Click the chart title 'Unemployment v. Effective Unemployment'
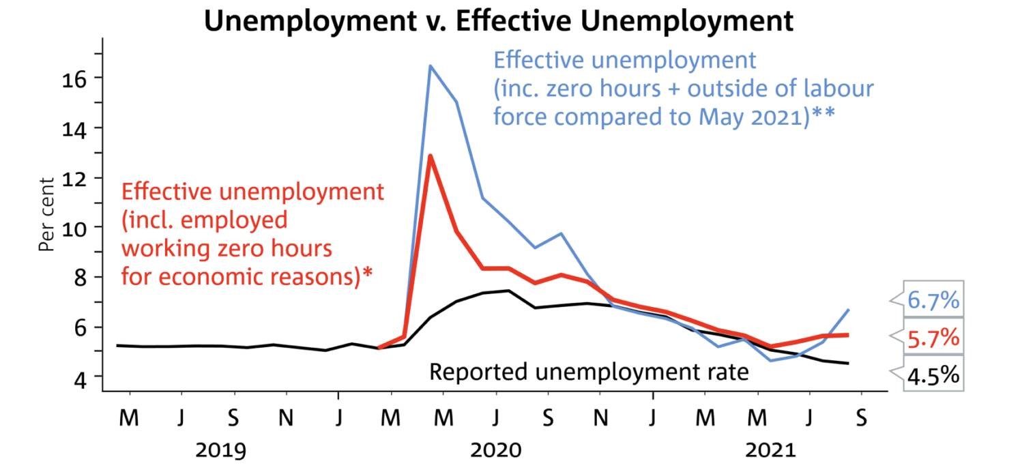499,20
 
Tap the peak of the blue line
430,65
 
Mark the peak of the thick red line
430,156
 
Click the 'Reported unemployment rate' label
589,372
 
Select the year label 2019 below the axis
221,450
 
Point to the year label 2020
496,450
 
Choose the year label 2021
771,450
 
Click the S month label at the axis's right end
861,417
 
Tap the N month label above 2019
286,417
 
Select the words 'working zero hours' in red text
227,248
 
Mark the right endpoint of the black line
848,364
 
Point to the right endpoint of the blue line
848,310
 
